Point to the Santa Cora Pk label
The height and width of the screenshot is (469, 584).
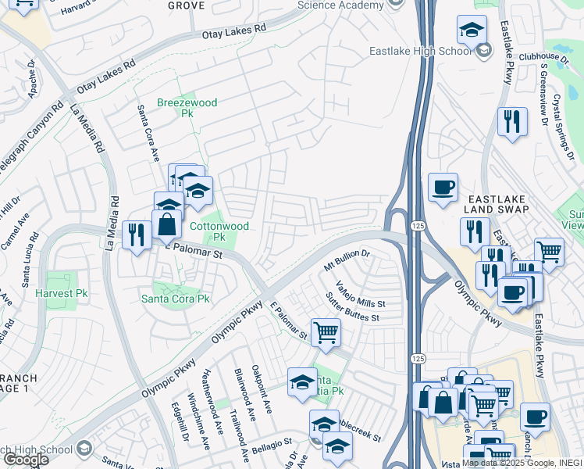click(175, 299)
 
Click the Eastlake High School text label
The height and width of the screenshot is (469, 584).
click(421, 52)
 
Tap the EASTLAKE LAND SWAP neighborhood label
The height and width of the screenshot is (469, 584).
click(498, 204)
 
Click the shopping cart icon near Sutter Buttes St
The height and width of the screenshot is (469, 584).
click(326, 331)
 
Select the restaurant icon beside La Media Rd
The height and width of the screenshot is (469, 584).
click(137, 234)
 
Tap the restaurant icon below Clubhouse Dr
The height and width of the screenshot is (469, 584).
click(512, 121)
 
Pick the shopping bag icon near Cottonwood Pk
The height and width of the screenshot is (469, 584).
click(167, 224)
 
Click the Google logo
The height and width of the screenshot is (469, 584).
click(26, 460)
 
